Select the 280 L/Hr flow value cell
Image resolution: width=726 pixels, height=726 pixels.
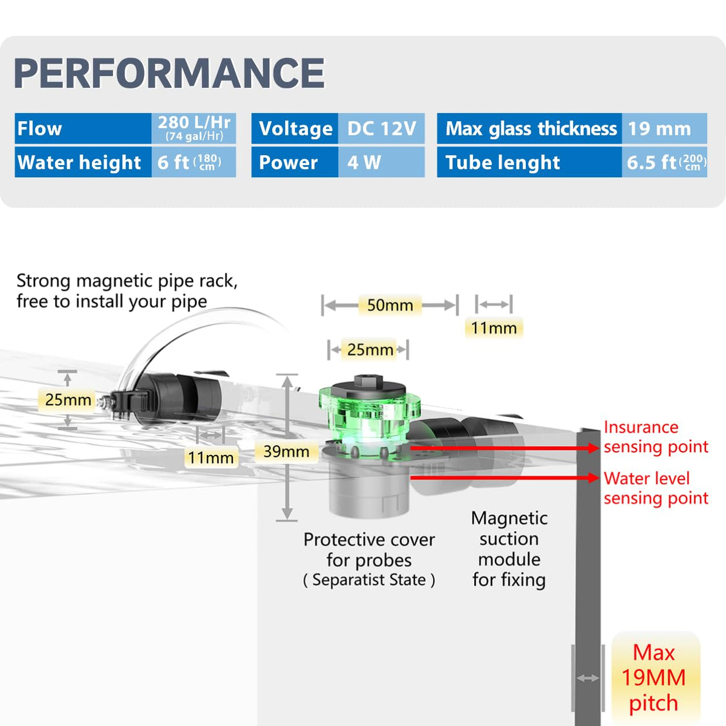tap(194, 128)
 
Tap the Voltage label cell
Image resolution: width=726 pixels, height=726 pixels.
tap(295, 128)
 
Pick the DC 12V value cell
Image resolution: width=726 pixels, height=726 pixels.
tap(381, 128)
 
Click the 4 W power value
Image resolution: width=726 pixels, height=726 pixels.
tap(381, 162)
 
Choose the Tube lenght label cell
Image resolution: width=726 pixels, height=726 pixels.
tap(529, 162)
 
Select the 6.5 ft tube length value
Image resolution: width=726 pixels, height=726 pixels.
tap(664, 162)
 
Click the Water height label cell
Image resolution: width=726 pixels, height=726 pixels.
tap(83, 162)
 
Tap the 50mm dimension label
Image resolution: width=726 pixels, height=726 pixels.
tap(390, 305)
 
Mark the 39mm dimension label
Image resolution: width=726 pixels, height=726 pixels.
tap(286, 451)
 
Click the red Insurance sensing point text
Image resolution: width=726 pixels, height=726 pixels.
tap(656, 437)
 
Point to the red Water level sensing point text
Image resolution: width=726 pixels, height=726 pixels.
tap(656, 488)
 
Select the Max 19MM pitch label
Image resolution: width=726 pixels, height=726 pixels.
tap(653, 678)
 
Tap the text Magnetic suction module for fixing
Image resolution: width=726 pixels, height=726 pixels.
tap(509, 549)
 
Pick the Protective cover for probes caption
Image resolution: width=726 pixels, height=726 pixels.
tap(369, 560)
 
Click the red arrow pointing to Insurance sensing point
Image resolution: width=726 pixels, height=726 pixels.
tap(505, 448)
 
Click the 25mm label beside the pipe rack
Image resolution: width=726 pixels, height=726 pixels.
tap(68, 400)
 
